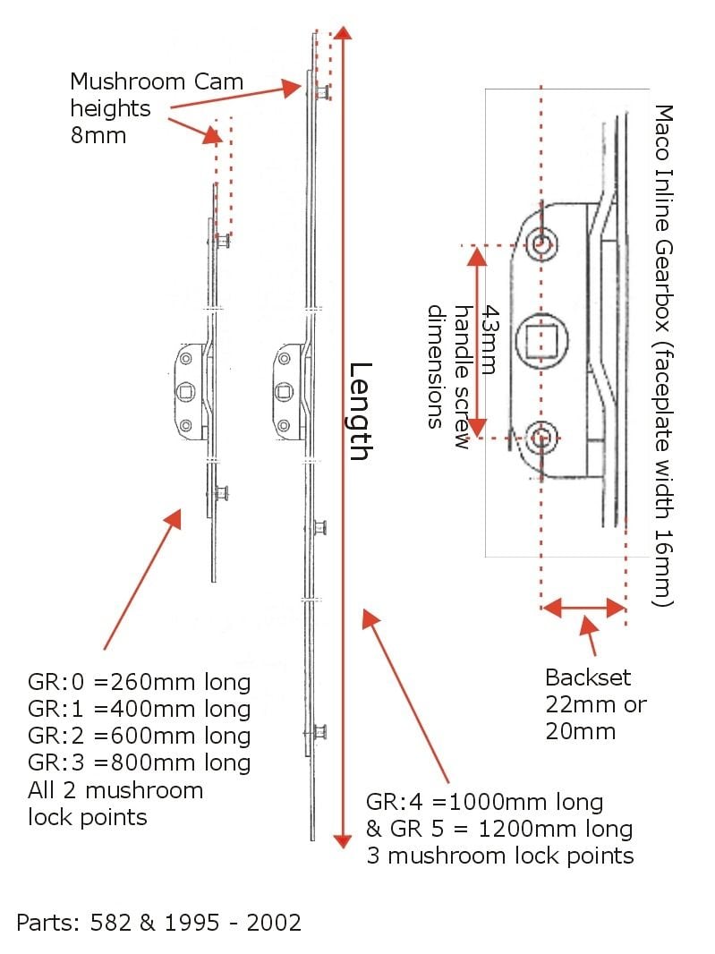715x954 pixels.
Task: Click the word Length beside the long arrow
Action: [359, 411]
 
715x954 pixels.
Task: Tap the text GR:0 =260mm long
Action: [139, 683]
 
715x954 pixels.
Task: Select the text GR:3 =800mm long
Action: [139, 763]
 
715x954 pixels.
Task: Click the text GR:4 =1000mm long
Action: [484, 802]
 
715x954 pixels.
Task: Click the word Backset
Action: [588, 677]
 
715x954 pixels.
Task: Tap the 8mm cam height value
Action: [98, 135]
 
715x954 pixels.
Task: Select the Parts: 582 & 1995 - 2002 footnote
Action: [158, 921]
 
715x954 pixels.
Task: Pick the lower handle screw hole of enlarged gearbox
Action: [541, 438]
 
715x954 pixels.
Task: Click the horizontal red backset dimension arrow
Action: [583, 609]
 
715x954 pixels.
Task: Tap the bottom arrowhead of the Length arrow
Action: [342, 840]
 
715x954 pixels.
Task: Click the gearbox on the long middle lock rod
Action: [291, 390]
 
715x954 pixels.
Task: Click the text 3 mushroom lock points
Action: [499, 856]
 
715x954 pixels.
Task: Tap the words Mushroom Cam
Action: [157, 82]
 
